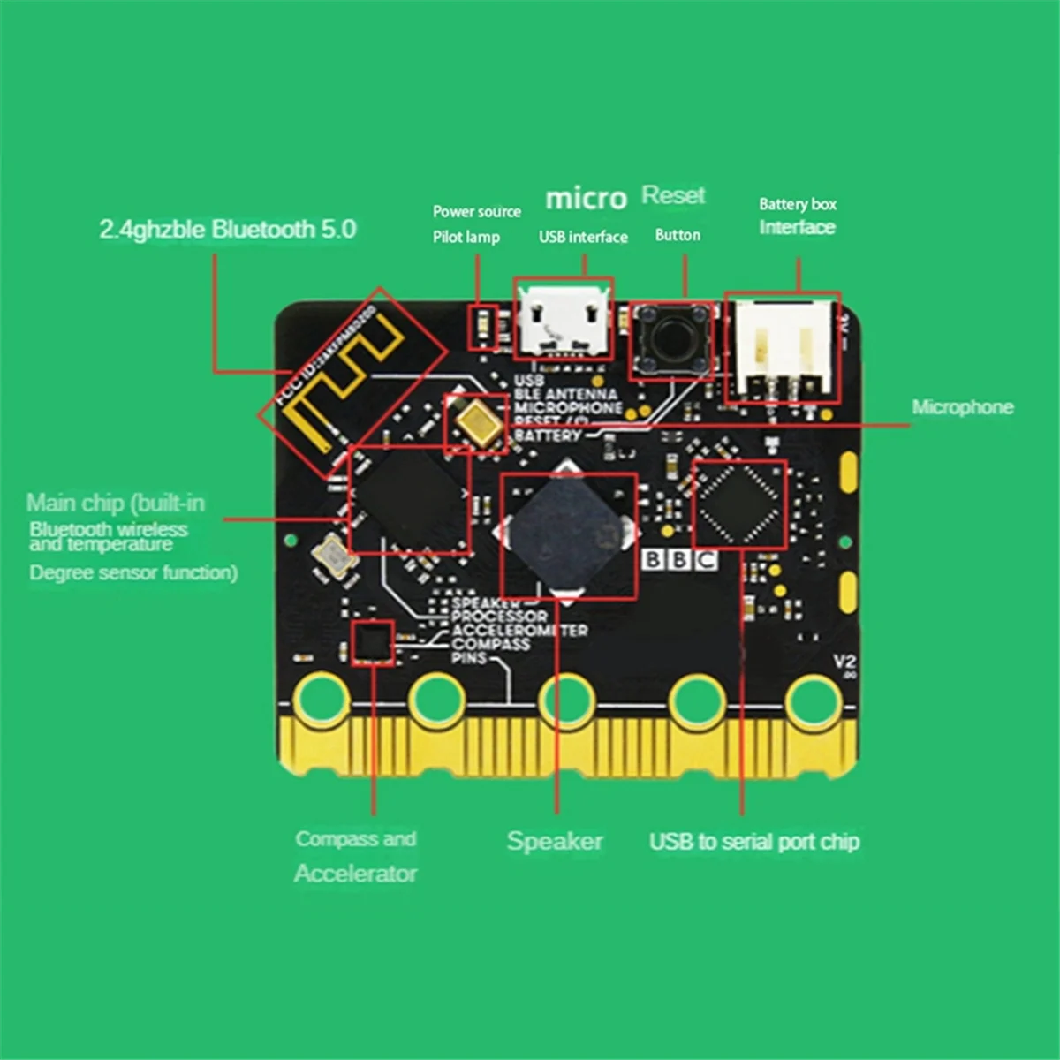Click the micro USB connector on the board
[x=563, y=320]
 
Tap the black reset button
[x=670, y=338]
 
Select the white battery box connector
[x=783, y=346]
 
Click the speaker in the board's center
[x=568, y=534]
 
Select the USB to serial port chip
[x=739, y=503]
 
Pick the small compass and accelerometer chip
[x=373, y=641]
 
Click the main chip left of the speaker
[x=409, y=499]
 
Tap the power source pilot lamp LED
[x=482, y=327]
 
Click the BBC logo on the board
[x=679, y=559]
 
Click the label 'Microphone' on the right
[x=962, y=407]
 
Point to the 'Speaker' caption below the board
[x=555, y=841]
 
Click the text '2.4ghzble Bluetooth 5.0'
[x=227, y=230]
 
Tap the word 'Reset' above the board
[x=673, y=195]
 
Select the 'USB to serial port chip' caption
[x=754, y=842]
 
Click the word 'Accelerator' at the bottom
[x=355, y=874]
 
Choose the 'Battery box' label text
[x=797, y=204]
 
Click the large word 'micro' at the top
[x=586, y=198]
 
